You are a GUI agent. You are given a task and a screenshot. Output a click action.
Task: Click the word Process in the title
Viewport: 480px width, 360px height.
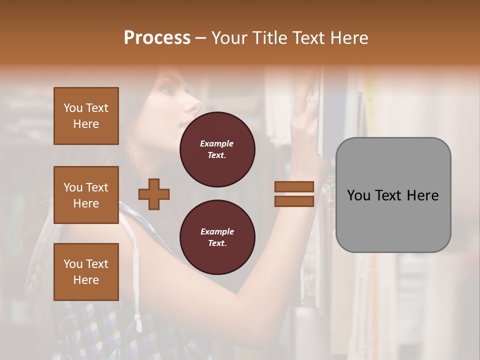point(157,38)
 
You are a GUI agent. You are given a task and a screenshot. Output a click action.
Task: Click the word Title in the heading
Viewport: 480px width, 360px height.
point(268,38)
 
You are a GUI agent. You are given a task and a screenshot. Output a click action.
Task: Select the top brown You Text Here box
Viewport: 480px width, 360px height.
point(86,116)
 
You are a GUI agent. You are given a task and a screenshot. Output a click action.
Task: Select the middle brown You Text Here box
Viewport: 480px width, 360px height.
point(86,195)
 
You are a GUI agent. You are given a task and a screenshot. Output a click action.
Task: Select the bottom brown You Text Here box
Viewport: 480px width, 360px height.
point(86,271)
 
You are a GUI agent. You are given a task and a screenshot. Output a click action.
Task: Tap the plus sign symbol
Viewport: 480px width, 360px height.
point(154,194)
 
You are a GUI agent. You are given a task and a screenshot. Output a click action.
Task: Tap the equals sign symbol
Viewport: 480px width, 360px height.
point(294,194)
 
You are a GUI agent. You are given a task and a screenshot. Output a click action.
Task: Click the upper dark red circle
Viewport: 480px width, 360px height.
point(217,149)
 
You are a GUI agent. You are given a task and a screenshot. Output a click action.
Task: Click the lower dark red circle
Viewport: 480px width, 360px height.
point(217,237)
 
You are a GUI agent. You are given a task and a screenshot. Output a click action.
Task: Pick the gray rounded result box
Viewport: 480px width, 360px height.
point(393,195)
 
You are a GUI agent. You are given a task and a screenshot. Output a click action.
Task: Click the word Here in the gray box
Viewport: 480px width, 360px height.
point(423,195)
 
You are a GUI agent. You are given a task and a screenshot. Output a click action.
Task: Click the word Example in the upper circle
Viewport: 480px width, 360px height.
point(217,143)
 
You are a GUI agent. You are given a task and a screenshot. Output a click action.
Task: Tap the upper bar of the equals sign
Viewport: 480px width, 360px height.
point(294,186)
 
